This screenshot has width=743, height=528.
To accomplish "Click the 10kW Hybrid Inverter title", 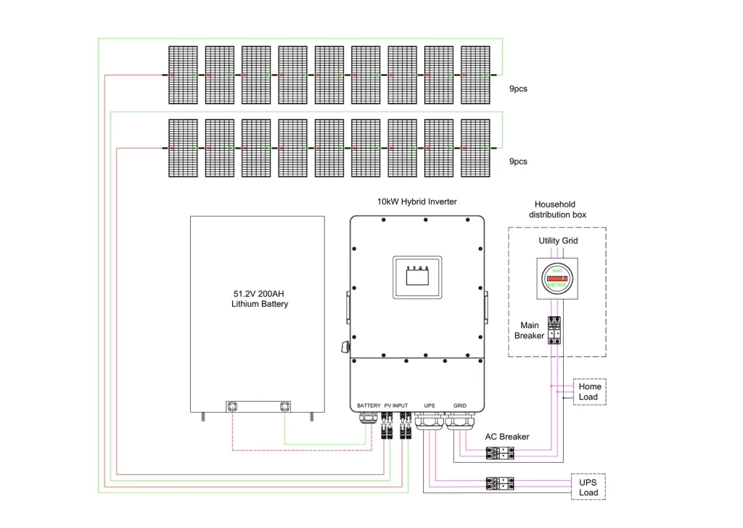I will [x=416, y=202].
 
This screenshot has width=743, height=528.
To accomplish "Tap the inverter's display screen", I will [x=416, y=276].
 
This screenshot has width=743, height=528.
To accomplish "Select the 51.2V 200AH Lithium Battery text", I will [x=260, y=299].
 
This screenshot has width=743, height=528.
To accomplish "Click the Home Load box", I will [x=588, y=392].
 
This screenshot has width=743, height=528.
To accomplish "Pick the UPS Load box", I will [x=588, y=487].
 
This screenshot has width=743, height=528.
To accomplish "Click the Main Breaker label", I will [x=529, y=330].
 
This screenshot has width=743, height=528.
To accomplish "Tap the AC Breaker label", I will [x=507, y=437].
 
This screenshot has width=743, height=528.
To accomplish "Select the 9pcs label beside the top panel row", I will [x=518, y=88].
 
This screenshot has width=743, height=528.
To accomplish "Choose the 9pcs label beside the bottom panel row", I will [x=518, y=161].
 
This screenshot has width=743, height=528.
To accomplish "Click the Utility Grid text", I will [x=558, y=240].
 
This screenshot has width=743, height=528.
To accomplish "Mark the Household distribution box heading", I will [x=557, y=210].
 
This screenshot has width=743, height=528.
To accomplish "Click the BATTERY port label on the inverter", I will [x=369, y=405].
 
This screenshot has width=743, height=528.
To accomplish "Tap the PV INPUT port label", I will [x=396, y=405].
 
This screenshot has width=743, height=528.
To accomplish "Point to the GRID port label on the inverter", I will [x=460, y=405].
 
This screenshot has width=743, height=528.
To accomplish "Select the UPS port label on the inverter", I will [x=430, y=405].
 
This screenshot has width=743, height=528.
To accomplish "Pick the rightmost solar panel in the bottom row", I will [x=475, y=148].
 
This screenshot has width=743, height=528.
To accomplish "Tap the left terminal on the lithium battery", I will [x=234, y=405].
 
